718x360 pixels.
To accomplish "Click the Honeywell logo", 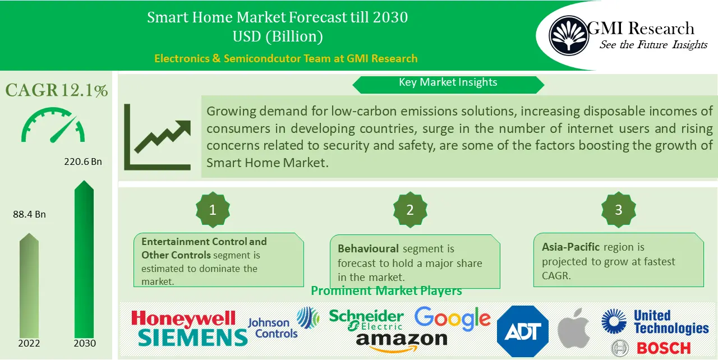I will tap(183, 319).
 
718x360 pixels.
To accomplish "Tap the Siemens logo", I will tap(192, 338).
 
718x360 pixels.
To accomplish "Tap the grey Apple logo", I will tap(574, 329).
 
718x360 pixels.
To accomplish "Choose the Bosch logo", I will tap(651, 348).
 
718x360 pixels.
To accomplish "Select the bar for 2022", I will tap(29, 286).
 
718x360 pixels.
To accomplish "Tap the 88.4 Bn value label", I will tap(29, 215).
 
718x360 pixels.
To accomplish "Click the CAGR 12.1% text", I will tap(57, 90).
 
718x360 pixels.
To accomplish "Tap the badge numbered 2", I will tap(410, 210).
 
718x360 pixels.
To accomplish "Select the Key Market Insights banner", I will tap(448, 83).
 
